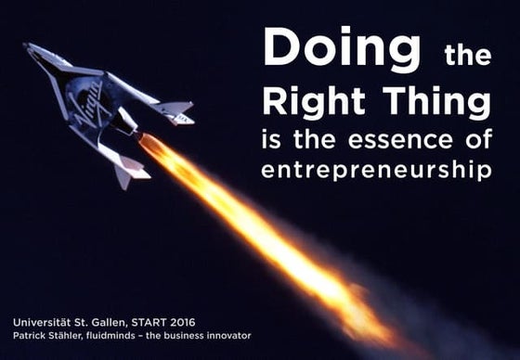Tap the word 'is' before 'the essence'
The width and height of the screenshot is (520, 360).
point(274,142)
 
